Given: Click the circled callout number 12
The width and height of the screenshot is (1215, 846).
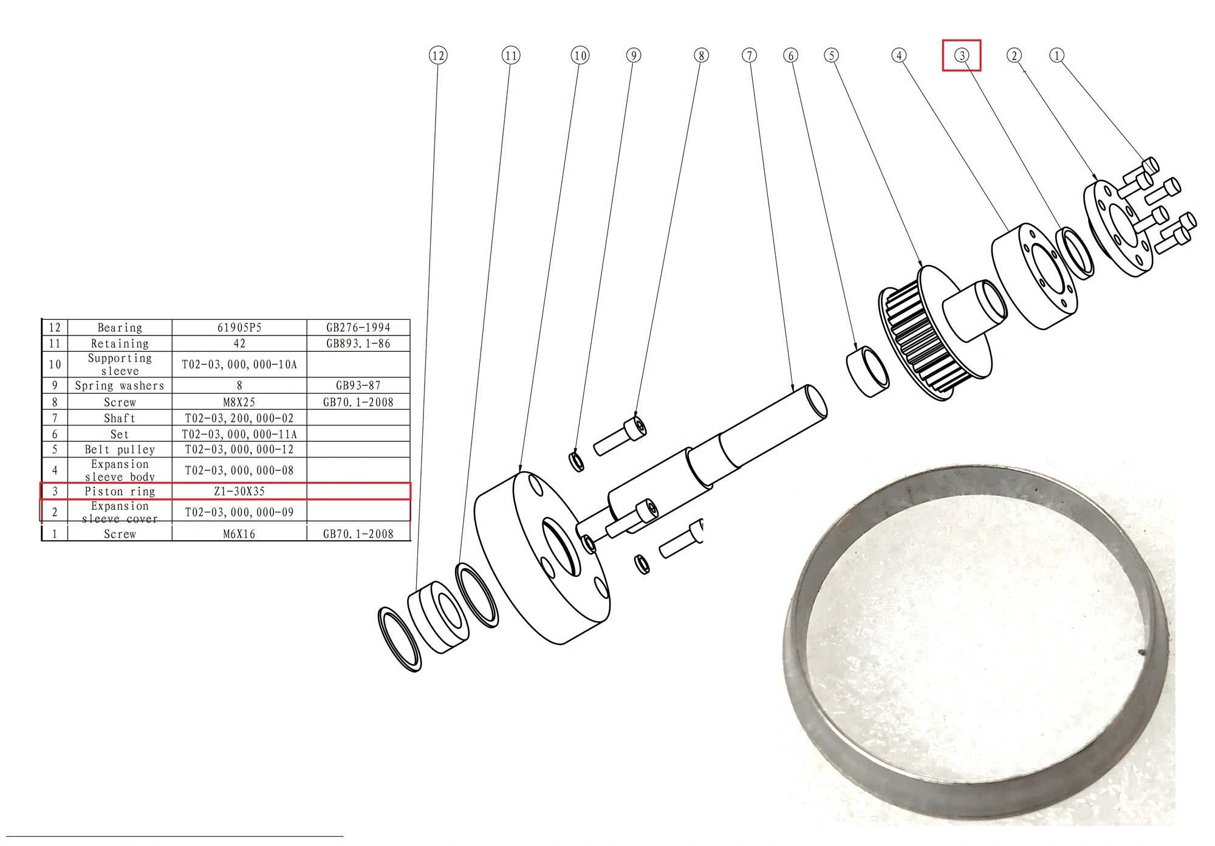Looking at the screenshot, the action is pos(438,56).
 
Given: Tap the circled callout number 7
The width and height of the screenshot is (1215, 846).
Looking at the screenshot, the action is pos(750,55).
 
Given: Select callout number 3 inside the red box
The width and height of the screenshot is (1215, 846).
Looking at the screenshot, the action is pos(962,55).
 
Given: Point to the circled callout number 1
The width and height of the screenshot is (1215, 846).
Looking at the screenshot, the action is pos(1057,55).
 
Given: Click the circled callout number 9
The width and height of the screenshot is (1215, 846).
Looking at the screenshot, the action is pos(634,55).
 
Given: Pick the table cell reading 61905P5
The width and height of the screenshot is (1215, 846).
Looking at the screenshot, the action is pos(239,328).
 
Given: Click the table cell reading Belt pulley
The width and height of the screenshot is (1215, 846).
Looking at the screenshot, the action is pos(120,450).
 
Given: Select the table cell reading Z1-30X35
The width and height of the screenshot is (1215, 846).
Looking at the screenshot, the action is pos(239,492).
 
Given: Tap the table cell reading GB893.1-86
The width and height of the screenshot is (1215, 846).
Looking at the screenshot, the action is pos(358,343).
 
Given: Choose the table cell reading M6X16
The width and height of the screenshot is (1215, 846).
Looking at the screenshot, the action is pos(239,534).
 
